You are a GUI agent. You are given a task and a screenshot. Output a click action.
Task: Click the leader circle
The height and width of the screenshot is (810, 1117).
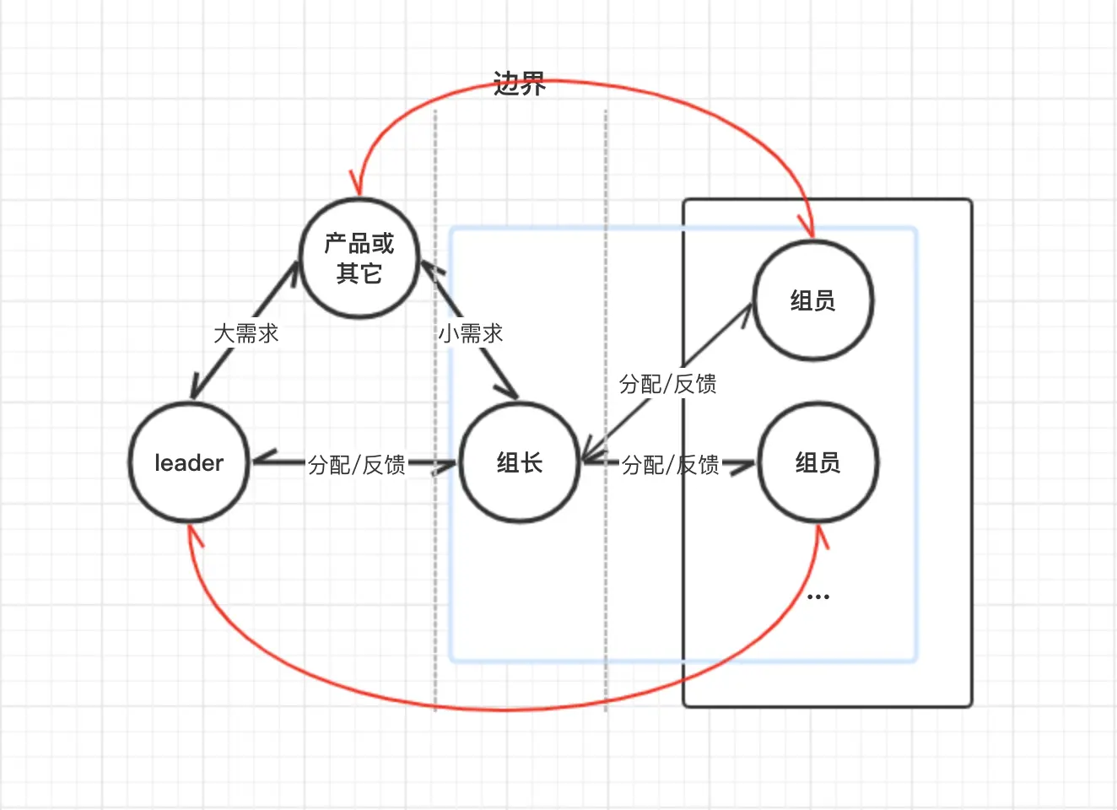pyautogui.click(x=189, y=462)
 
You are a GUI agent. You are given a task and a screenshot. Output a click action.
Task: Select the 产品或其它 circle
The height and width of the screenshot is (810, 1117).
pyautogui.click(x=359, y=258)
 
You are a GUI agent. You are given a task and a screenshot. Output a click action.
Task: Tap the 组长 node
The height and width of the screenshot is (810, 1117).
pyautogui.click(x=520, y=462)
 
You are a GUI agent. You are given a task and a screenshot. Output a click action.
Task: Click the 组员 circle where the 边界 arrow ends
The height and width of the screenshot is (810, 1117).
pyautogui.click(x=812, y=300)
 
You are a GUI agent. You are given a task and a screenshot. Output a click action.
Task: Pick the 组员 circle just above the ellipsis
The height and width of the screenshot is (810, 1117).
pyautogui.click(x=818, y=462)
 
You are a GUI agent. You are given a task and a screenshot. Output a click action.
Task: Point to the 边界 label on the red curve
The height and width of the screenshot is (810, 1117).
pyautogui.click(x=520, y=84)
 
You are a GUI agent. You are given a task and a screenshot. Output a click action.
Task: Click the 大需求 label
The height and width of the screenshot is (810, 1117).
pyautogui.click(x=246, y=333)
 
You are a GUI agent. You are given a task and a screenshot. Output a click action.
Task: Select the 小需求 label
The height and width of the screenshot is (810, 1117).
pyautogui.click(x=471, y=333)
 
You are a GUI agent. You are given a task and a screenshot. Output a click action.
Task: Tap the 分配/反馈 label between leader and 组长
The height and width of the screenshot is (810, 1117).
pyautogui.click(x=357, y=464)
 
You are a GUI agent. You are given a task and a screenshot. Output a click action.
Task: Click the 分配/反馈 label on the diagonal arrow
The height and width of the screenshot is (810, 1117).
pyautogui.click(x=668, y=384)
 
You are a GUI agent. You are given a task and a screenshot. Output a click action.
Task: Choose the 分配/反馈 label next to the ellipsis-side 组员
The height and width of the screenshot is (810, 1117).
pyautogui.click(x=671, y=464)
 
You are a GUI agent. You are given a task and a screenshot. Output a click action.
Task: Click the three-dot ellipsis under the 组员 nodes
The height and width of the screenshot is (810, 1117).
pyautogui.click(x=818, y=597)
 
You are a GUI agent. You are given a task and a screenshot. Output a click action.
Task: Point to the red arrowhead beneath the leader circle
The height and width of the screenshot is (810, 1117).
pyautogui.click(x=194, y=534)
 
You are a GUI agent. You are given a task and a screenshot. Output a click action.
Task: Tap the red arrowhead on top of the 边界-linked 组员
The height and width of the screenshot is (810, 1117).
pyautogui.click(x=810, y=228)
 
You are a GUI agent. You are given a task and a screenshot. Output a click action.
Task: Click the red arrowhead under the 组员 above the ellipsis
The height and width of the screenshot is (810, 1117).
pyautogui.click(x=820, y=535)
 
